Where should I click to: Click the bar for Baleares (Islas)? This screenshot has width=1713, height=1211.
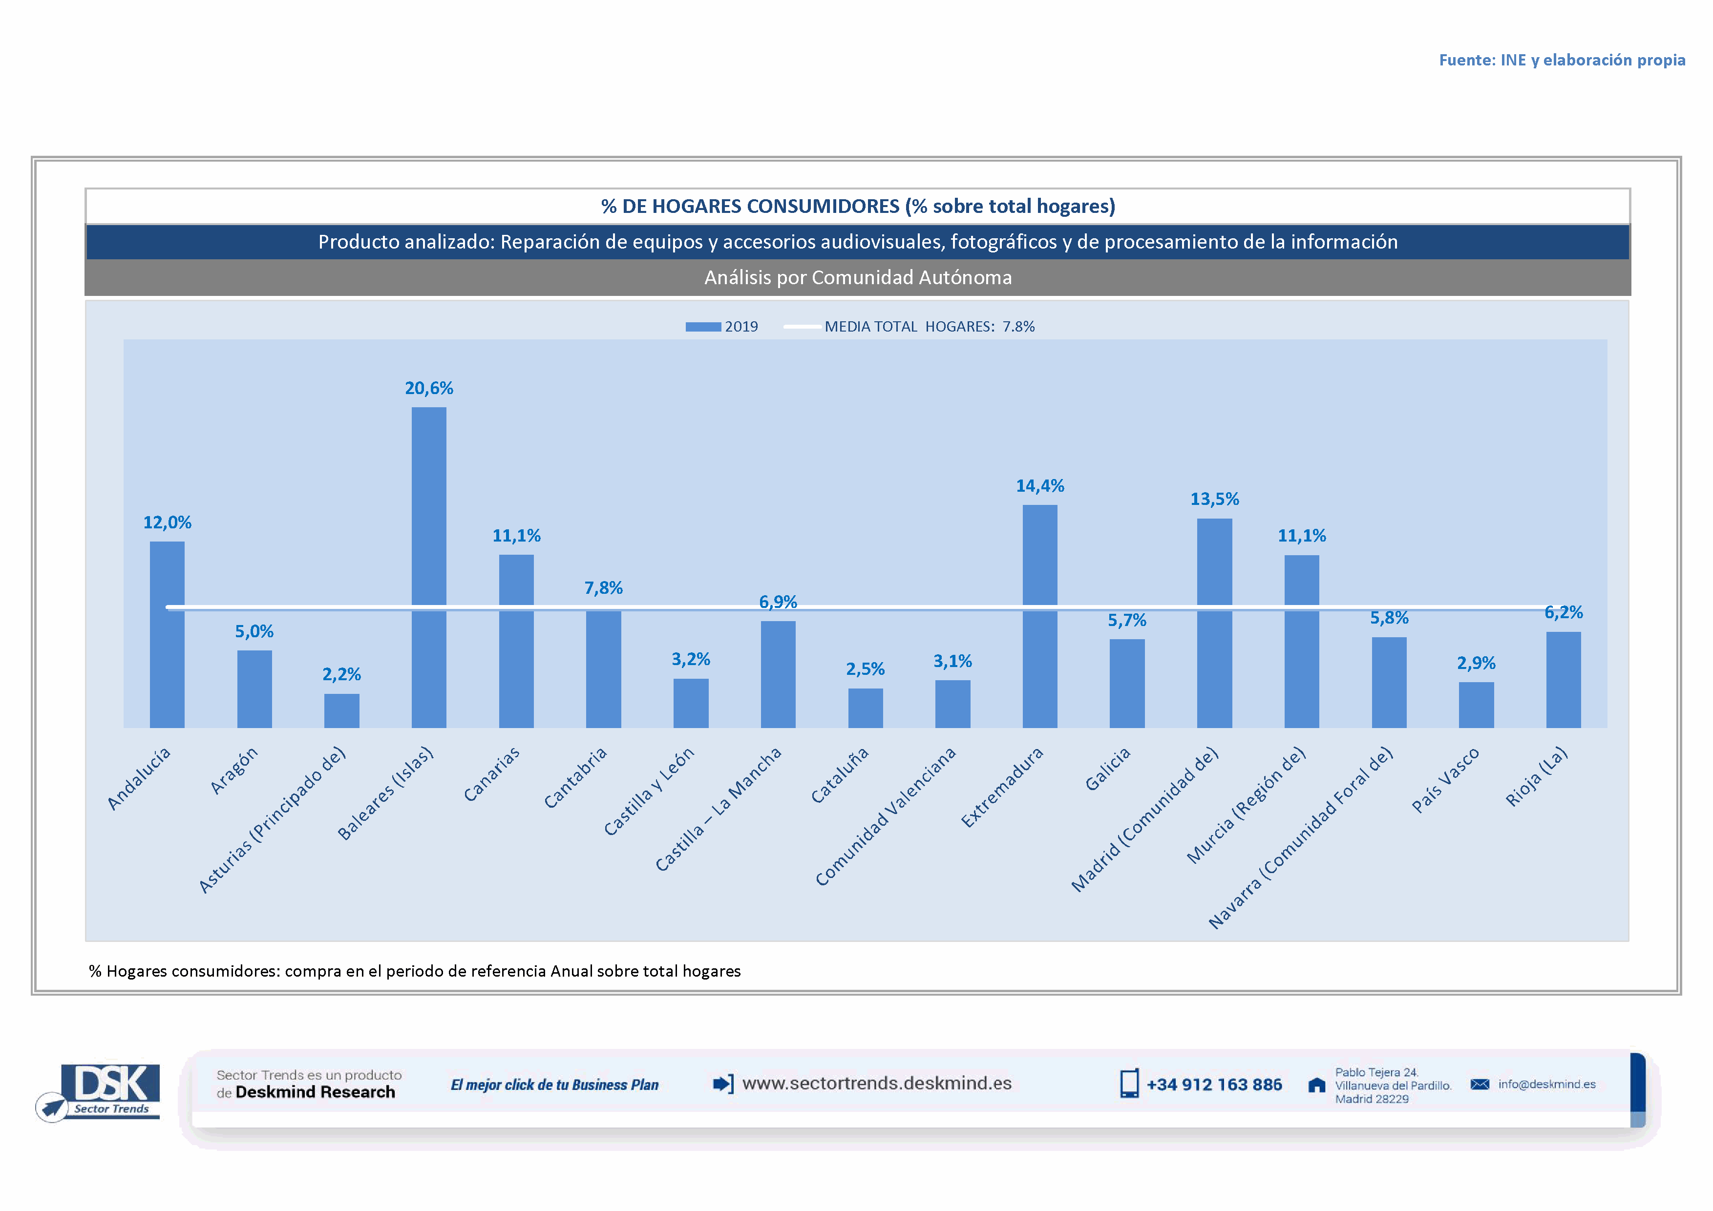[429, 567]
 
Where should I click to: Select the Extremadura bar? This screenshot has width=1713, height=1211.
[1039, 616]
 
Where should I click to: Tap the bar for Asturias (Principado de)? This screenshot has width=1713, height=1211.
[342, 710]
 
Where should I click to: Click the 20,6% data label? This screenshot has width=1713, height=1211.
[429, 388]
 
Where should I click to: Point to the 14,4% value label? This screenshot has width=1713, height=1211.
[1039, 486]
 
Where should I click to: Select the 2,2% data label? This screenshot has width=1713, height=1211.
[342, 674]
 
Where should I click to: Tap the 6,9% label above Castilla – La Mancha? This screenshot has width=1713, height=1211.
[778, 602]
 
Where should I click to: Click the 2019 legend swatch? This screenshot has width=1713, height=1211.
[703, 327]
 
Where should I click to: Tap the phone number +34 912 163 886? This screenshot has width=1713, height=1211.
[1214, 1084]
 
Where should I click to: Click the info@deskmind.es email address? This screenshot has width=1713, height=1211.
[1546, 1084]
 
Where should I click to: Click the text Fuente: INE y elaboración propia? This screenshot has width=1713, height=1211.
[1562, 60]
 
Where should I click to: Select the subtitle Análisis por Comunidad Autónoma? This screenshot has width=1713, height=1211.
[858, 277]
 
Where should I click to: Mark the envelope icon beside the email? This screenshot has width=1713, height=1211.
[1480, 1084]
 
